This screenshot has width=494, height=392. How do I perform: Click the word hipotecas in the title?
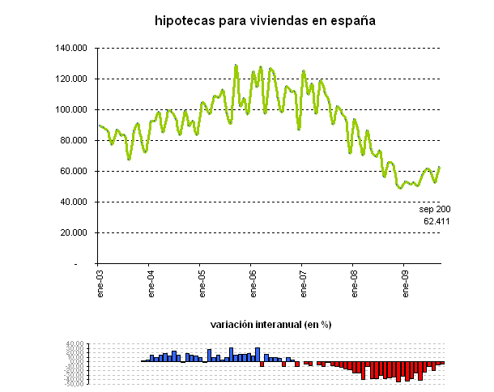(x=185, y=20)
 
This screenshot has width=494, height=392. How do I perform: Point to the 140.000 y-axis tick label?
(x=72, y=49)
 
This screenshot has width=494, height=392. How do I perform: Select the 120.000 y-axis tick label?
(x=72, y=79)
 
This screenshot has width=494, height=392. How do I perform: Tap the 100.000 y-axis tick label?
(x=72, y=110)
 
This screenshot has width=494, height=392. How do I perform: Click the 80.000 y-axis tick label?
(x=74, y=141)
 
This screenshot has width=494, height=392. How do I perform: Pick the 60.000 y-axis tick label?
(x=74, y=172)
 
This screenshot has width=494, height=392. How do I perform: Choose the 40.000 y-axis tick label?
(x=74, y=202)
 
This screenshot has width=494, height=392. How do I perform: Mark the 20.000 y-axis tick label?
(x=74, y=233)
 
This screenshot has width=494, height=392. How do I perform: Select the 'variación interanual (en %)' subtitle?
(x=271, y=324)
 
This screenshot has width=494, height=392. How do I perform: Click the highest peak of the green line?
(x=236, y=66)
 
